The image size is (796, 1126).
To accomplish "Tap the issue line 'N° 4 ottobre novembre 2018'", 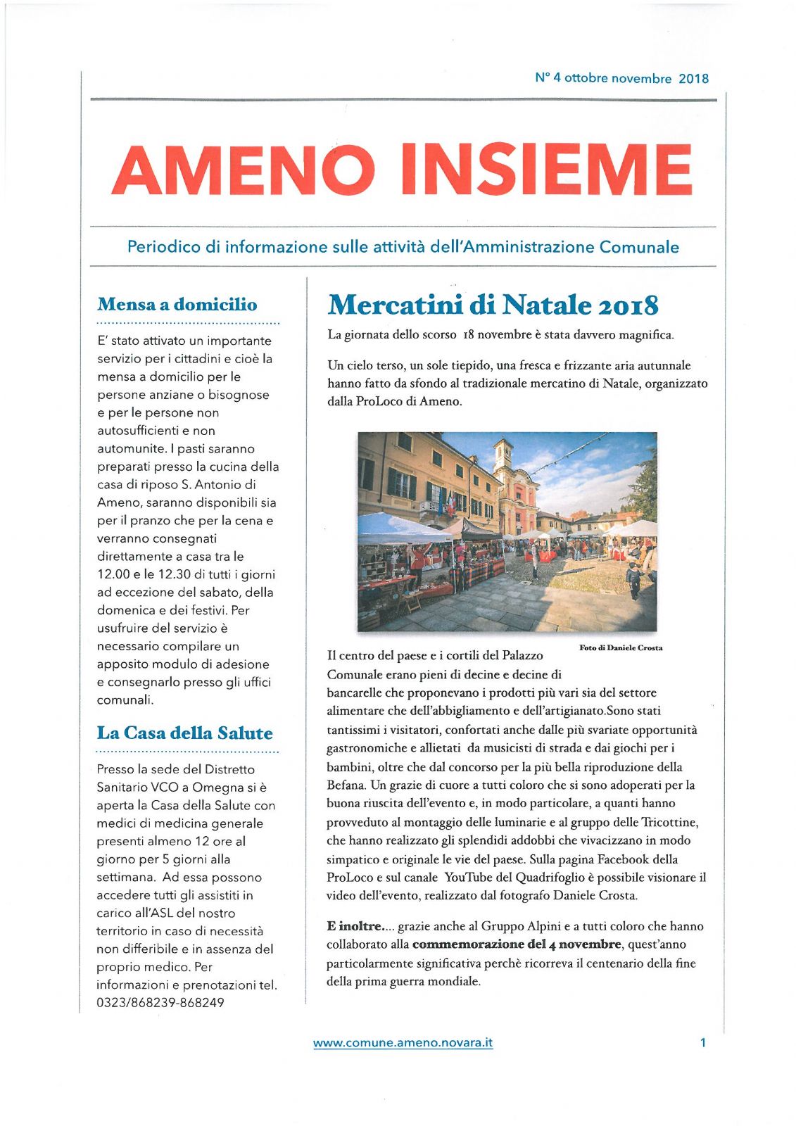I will point(621,78).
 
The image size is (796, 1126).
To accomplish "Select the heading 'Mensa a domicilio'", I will point(177,305).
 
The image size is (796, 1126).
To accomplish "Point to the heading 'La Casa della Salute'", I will point(184,733).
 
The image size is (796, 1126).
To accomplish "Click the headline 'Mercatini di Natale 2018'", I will point(493,305).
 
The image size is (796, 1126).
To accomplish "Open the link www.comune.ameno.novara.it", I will point(403,1043).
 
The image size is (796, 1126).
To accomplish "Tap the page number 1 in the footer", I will point(702,1043).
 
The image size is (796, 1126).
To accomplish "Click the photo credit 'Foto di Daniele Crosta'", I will point(621,647).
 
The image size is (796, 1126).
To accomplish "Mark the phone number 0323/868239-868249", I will point(160,1003).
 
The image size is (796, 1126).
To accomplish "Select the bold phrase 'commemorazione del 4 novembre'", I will point(517,944).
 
